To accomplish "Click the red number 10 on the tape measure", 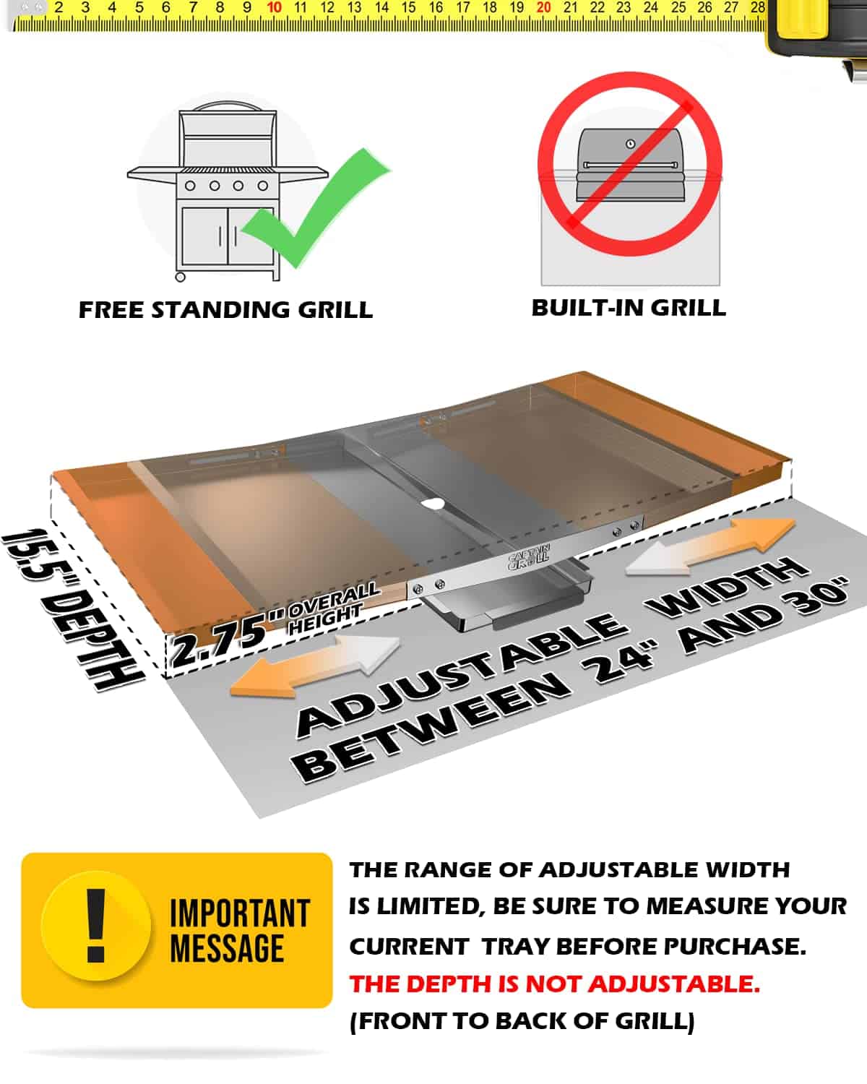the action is click(x=274, y=7).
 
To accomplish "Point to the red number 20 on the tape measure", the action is click(x=543, y=7).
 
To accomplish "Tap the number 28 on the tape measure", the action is click(x=758, y=7).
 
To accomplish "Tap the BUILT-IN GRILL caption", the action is click(x=629, y=308).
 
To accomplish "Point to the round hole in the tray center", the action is click(x=432, y=504).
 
